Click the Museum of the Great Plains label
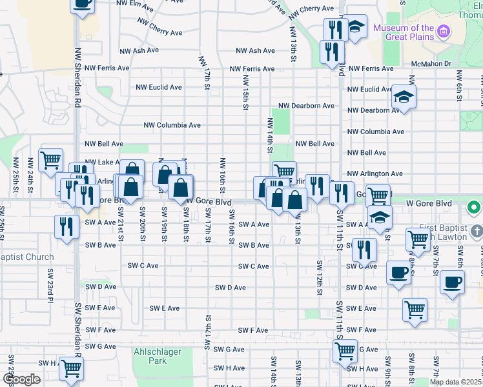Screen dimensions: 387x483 pos(404,32)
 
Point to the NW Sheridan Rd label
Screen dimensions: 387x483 pos(77,77)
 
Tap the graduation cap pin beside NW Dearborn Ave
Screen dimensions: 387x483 pos(404,97)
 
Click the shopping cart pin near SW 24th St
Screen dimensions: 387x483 pos(51,159)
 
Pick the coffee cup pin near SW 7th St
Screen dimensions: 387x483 pos(453,283)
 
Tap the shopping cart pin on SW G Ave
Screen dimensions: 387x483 pos(345,352)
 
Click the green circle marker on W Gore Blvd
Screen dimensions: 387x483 pos(474,208)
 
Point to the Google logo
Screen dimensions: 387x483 pos(21,379)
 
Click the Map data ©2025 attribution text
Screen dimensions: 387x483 pos(455,382)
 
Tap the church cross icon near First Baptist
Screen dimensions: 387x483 pos(477,231)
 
